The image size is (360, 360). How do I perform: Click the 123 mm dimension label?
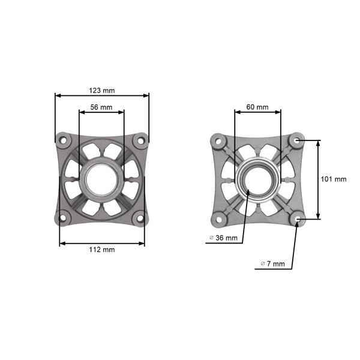pos(101,90)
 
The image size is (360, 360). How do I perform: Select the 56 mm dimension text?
pos(101,107)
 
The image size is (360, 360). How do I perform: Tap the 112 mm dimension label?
pos(101,250)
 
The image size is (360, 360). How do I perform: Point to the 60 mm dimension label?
pos(257,107)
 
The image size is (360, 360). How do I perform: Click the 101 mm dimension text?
pos(334,179)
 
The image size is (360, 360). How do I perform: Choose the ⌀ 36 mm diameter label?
pos(223,238)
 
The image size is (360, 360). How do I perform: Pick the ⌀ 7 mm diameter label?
pos(272,263)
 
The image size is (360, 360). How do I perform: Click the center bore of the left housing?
pos(101,179)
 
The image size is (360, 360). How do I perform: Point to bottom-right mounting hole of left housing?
pos(140,218)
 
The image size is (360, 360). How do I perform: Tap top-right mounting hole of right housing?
pos(297,140)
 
